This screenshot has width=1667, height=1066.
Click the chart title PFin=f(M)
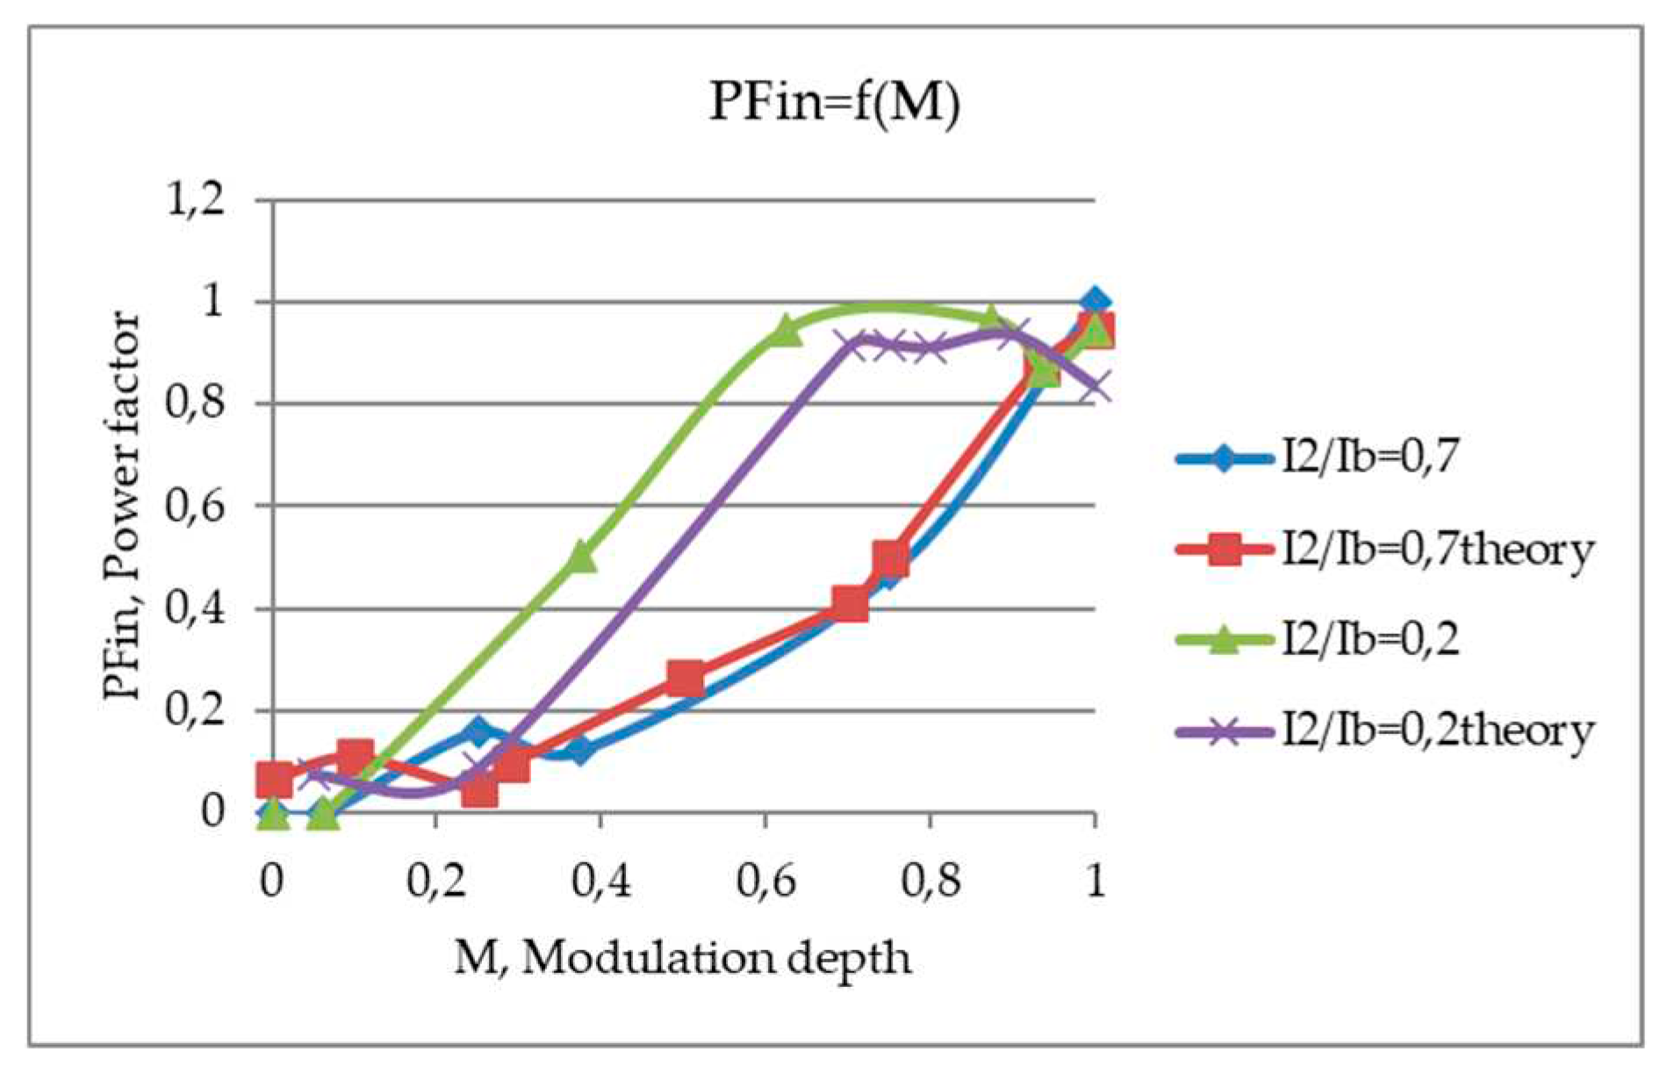(x=834, y=102)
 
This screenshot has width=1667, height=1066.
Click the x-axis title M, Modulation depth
(x=682, y=958)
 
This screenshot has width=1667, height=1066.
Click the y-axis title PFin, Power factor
(x=122, y=506)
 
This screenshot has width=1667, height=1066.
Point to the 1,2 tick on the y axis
(x=196, y=201)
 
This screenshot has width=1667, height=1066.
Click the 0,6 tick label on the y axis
(x=196, y=506)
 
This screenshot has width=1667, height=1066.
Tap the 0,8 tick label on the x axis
(x=930, y=879)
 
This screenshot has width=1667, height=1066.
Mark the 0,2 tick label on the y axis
(x=196, y=709)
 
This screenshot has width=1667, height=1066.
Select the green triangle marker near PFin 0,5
(x=581, y=557)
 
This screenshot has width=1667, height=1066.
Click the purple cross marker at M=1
(x=1095, y=386)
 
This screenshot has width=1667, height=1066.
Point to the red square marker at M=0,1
(x=356, y=756)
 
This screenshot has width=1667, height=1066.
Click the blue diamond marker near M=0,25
(x=478, y=731)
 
